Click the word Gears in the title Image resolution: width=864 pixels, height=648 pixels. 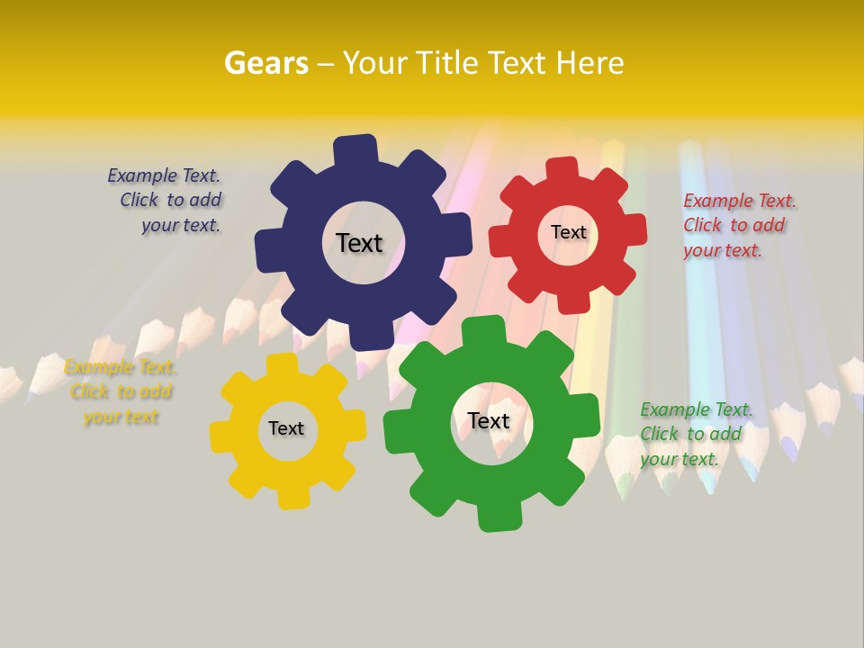tap(265, 63)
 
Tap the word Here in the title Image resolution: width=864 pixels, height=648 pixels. tap(589, 63)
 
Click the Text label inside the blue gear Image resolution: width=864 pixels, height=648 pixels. tap(359, 243)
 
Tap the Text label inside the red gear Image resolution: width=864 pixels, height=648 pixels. tap(568, 232)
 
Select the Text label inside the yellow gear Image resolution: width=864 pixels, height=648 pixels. tap(286, 428)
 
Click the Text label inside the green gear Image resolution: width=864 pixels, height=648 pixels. tap(489, 420)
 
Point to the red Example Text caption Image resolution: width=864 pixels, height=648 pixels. tap(738, 225)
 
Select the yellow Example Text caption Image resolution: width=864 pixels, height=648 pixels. tap(121, 392)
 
